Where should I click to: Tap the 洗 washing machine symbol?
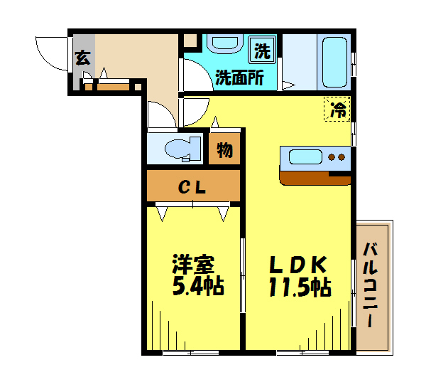263,51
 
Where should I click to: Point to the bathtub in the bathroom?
334,60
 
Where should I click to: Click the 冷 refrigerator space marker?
338,110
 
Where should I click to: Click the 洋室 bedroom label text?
193,265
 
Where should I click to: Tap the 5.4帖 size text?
195,287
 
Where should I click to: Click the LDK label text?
297,265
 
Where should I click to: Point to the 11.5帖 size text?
298,288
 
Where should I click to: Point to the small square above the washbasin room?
190,41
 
